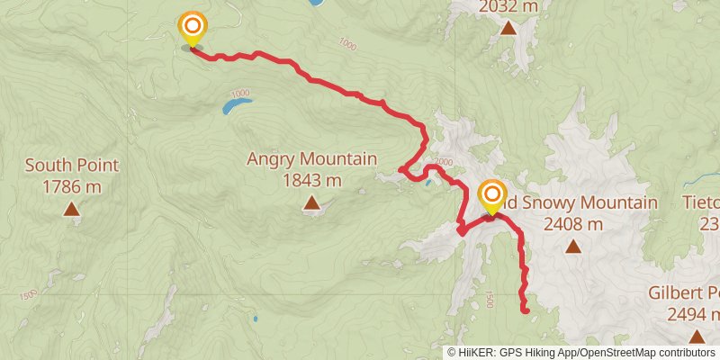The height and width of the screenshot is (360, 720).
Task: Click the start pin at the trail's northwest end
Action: [192, 28]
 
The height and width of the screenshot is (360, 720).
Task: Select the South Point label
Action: [72, 166]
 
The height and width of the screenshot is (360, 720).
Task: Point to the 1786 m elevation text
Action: [72, 187]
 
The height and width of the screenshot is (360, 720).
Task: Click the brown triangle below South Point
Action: [71, 210]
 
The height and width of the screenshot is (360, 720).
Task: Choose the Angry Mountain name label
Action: [311, 159]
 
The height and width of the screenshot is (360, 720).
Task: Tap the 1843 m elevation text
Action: [311, 181]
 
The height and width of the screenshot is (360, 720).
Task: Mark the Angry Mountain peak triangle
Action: [311, 203]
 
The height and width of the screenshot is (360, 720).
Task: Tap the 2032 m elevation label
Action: [508, 7]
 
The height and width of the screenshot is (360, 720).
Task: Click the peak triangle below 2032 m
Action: [508, 29]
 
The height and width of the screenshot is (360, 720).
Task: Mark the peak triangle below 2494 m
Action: [697, 337]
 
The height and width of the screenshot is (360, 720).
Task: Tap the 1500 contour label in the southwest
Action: [26, 294]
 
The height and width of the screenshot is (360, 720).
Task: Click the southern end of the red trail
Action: [526, 310]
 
